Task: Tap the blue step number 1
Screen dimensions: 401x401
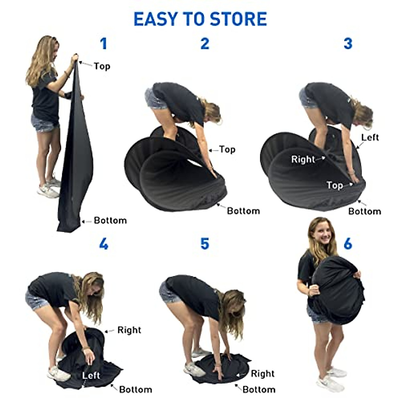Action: [x=104, y=44]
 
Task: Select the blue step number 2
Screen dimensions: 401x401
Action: [x=205, y=44]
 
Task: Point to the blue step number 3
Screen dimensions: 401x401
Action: [x=348, y=44]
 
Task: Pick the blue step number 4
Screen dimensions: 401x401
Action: [x=104, y=244]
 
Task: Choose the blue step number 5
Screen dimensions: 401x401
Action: [x=205, y=244]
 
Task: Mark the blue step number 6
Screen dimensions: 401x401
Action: [x=348, y=244]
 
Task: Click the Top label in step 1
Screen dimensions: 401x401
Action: [x=102, y=66]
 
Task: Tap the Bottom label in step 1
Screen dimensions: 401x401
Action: [x=110, y=221]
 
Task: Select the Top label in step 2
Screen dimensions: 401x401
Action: [x=227, y=149]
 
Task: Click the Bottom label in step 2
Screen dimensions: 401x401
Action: [x=243, y=211]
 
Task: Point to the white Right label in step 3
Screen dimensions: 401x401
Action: [x=303, y=159]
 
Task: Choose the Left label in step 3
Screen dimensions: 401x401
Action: [x=370, y=137]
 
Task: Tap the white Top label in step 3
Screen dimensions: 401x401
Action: [x=335, y=185]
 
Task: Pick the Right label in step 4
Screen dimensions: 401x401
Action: [x=129, y=330]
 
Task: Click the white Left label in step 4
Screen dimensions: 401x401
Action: [x=91, y=375]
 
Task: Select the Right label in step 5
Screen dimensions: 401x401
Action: [x=263, y=374]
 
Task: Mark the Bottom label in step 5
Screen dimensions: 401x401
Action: [x=259, y=389]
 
